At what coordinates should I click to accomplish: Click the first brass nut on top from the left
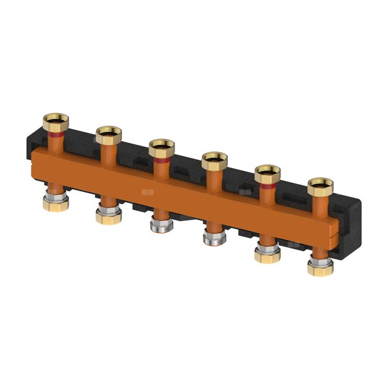pos(55,119)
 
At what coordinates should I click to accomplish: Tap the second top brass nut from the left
pos(108,134)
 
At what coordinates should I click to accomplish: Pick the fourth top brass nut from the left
pos(214,160)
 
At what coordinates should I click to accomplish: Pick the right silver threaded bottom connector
pos(211,238)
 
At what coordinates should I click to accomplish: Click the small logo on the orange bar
pos(147,191)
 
